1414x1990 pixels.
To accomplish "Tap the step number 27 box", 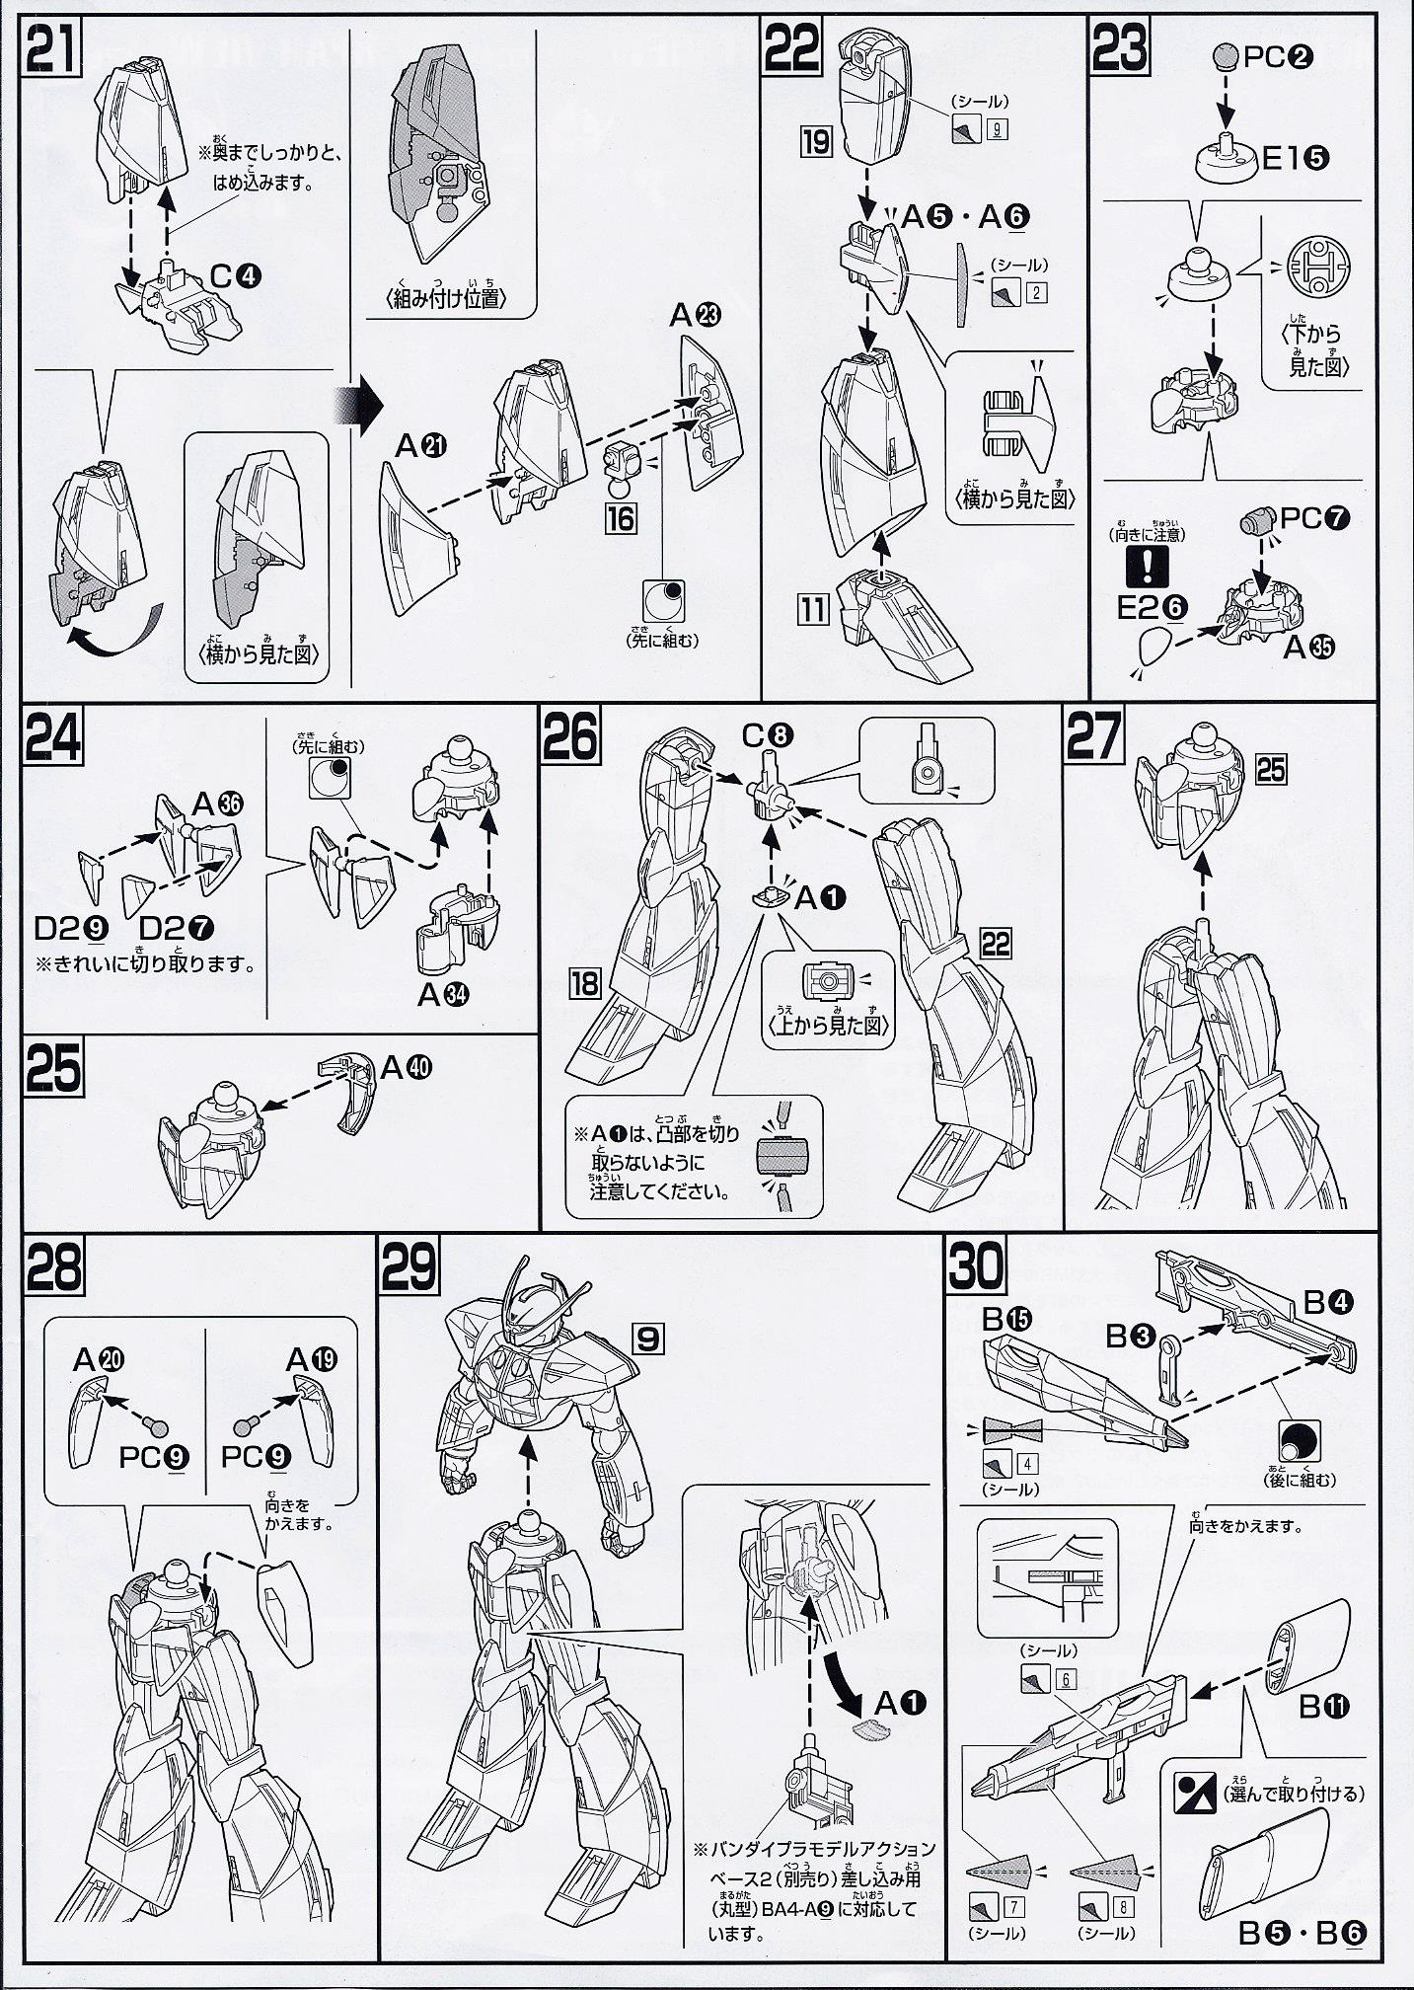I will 1093,736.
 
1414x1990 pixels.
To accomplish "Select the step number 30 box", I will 975,1267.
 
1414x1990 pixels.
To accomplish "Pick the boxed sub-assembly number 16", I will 621,517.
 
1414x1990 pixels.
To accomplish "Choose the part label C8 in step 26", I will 769,734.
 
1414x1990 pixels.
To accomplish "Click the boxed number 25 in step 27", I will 1271,768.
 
